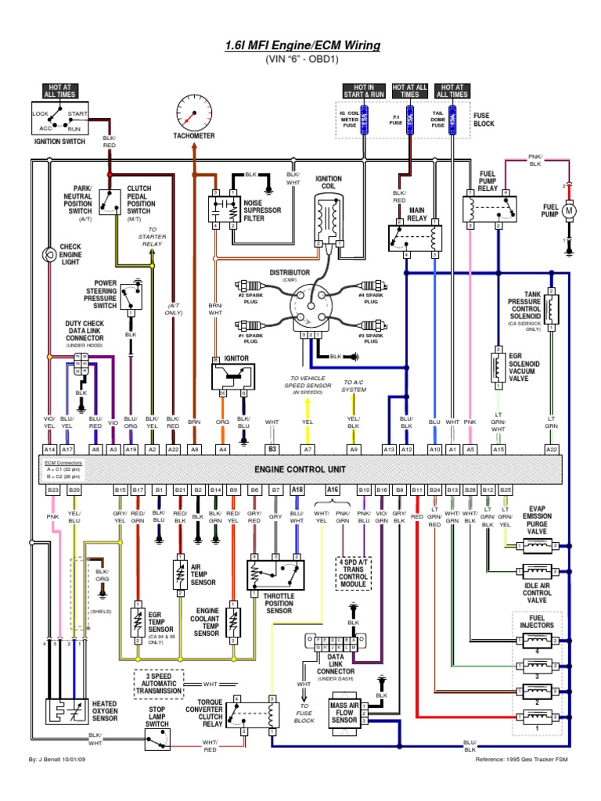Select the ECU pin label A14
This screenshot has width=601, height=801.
tap(50, 449)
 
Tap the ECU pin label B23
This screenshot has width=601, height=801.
tap(52, 489)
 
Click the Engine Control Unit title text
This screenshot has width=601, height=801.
tap(300, 469)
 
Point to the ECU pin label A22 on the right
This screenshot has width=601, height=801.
tap(552, 449)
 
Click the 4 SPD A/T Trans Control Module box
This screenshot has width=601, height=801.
tap(354, 574)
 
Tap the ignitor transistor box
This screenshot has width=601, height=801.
tap(235, 379)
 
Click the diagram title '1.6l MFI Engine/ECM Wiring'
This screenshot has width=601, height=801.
tap(300, 45)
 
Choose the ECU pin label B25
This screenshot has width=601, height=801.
tap(505, 489)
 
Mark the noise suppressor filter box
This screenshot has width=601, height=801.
tap(225, 210)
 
